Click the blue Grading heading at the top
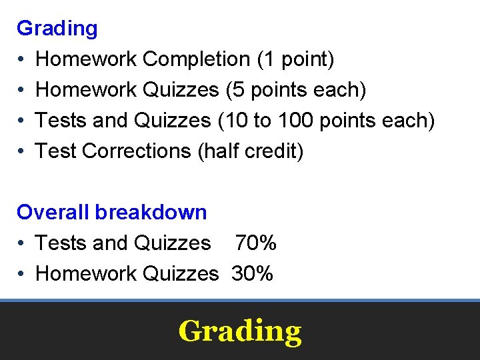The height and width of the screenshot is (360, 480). tap(57, 29)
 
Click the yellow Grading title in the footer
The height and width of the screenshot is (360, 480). tap(240, 331)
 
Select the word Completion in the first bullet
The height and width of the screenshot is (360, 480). tap(197, 59)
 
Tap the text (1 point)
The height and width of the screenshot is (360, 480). tap(295, 59)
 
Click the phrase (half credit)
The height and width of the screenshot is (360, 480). tap(251, 151)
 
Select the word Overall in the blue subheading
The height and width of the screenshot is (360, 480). tap(53, 213)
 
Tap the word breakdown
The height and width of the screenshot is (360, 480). tap(151, 213)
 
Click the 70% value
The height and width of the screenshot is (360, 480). tap(255, 243)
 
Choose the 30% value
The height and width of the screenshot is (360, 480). tap(253, 274)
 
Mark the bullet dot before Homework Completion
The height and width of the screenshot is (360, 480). tap(22, 59)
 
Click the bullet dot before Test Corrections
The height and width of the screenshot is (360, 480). tap(22, 151)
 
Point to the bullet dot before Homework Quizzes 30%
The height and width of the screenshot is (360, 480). tap(22, 274)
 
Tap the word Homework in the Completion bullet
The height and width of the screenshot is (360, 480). tap(87, 59)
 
